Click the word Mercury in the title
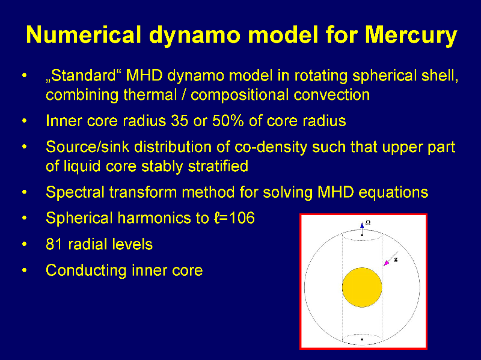pyautogui.click(x=411, y=35)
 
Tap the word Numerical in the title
pyautogui.click(x=84, y=34)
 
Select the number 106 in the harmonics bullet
pyautogui.click(x=242, y=218)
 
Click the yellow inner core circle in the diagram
pyautogui.click(x=362, y=287)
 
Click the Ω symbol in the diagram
pyautogui.click(x=368, y=222)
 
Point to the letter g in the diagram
pyautogui.click(x=396, y=260)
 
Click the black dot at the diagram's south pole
pyautogui.click(x=362, y=340)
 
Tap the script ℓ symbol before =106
pyautogui.click(x=217, y=218)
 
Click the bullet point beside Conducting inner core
pyautogui.click(x=25, y=270)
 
